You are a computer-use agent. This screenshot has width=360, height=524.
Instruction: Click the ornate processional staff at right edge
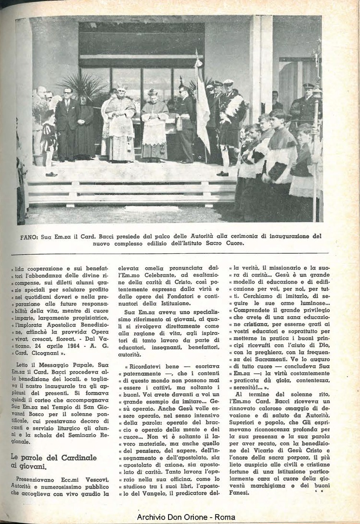(x=316, y=120)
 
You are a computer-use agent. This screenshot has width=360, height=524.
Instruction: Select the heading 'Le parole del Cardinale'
(x=53, y=457)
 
